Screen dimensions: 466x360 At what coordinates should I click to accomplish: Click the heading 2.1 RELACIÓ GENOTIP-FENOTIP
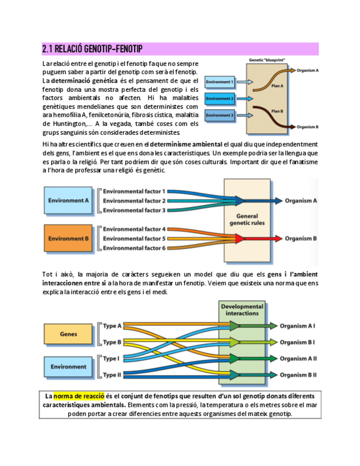(x=92, y=49)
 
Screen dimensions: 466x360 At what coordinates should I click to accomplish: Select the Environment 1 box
(x=219, y=82)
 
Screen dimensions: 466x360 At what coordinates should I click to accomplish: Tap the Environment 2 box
(x=219, y=99)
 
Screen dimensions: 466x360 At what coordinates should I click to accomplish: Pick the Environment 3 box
(x=219, y=115)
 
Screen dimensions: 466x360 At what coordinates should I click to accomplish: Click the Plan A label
(x=277, y=86)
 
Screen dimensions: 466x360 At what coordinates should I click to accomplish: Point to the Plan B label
(x=277, y=112)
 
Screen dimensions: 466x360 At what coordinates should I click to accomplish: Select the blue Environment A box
(x=68, y=201)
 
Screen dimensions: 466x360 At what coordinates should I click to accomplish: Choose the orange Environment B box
(x=68, y=238)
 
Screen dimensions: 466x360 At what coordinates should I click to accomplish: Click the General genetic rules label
(x=247, y=220)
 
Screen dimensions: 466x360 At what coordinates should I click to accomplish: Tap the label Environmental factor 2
(x=134, y=201)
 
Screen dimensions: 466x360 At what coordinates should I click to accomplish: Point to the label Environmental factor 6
(x=134, y=248)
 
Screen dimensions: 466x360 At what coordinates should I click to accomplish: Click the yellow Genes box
(x=68, y=334)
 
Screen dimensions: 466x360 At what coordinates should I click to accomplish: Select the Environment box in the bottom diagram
(x=68, y=367)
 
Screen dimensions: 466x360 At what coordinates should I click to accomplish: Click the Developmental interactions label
(x=242, y=310)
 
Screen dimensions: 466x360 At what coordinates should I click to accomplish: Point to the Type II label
(x=112, y=375)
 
